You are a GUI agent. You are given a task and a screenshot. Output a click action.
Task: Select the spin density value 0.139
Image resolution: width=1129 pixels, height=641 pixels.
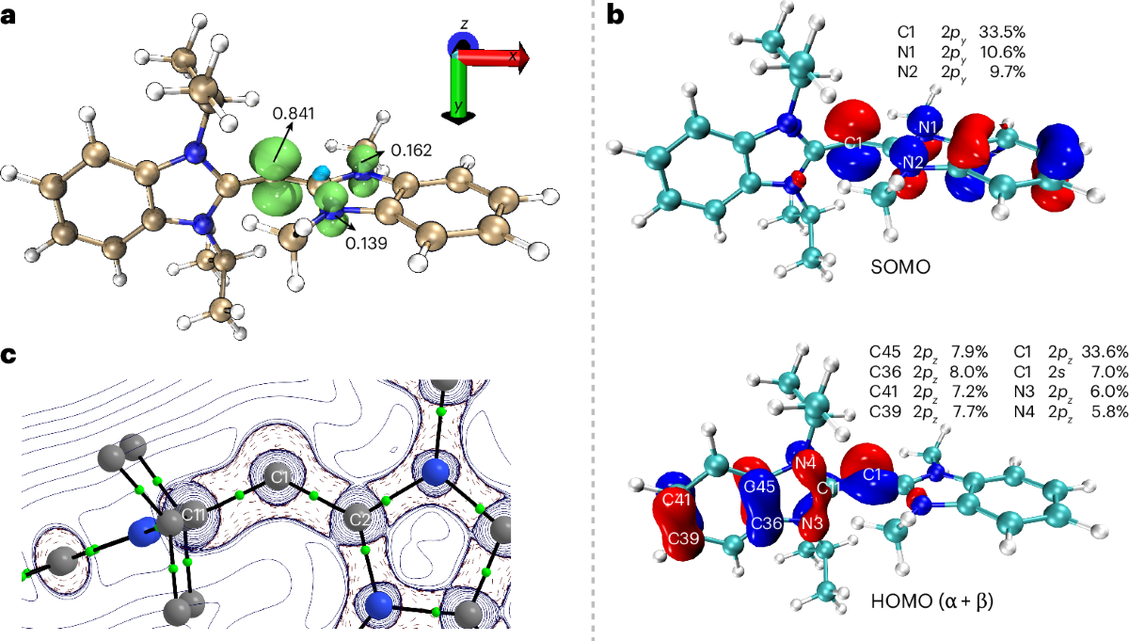(365, 243)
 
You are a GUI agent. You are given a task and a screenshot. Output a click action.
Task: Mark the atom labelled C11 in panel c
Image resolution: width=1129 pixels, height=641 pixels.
(192, 516)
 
